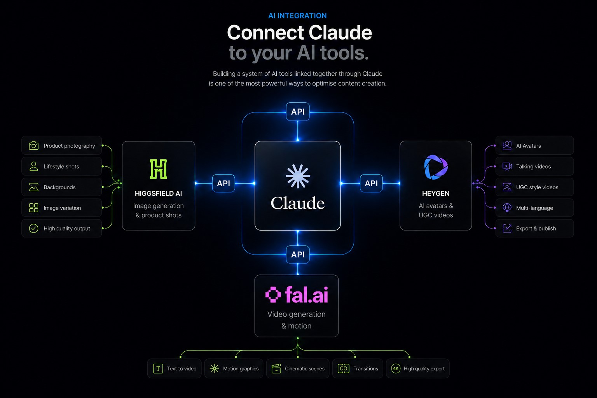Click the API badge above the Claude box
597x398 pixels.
point(298,112)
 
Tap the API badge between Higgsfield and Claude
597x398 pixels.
point(223,183)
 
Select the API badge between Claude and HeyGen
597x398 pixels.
point(371,183)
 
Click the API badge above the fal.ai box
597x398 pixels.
point(298,254)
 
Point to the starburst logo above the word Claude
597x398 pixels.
point(298,176)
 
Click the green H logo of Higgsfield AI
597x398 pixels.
point(158,169)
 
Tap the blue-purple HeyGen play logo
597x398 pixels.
point(436,167)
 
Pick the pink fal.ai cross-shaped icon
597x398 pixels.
point(273,295)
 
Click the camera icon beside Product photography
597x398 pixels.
point(33,145)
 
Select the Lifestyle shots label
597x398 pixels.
point(61,166)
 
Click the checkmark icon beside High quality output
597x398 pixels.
point(33,229)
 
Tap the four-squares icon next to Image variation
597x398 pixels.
point(33,208)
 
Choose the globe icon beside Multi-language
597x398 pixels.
point(507,208)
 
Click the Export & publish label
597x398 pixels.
point(536,229)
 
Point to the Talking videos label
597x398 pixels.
point(533,166)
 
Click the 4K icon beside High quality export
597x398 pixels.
point(396,368)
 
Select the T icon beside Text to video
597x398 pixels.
point(158,368)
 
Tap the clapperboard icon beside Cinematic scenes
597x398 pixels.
point(276,368)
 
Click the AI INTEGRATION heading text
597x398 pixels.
point(297,16)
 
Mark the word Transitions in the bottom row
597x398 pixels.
point(366,368)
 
